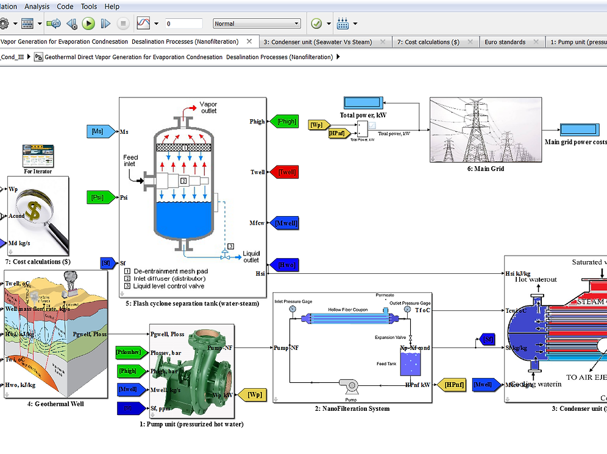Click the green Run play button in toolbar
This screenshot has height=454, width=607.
(88, 24)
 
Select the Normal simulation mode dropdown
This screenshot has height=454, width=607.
(257, 24)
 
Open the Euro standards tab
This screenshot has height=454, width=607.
(505, 42)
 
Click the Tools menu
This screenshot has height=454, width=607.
(89, 7)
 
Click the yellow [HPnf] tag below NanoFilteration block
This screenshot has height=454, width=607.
(455, 385)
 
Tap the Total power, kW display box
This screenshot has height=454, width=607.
(363, 103)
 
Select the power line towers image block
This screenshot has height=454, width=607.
(485, 130)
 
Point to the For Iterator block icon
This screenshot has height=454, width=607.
(38, 156)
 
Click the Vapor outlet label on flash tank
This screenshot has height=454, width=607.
(208, 107)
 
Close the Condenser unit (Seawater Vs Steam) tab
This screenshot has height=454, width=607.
(382, 42)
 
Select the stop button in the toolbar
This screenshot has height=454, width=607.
(123, 24)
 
